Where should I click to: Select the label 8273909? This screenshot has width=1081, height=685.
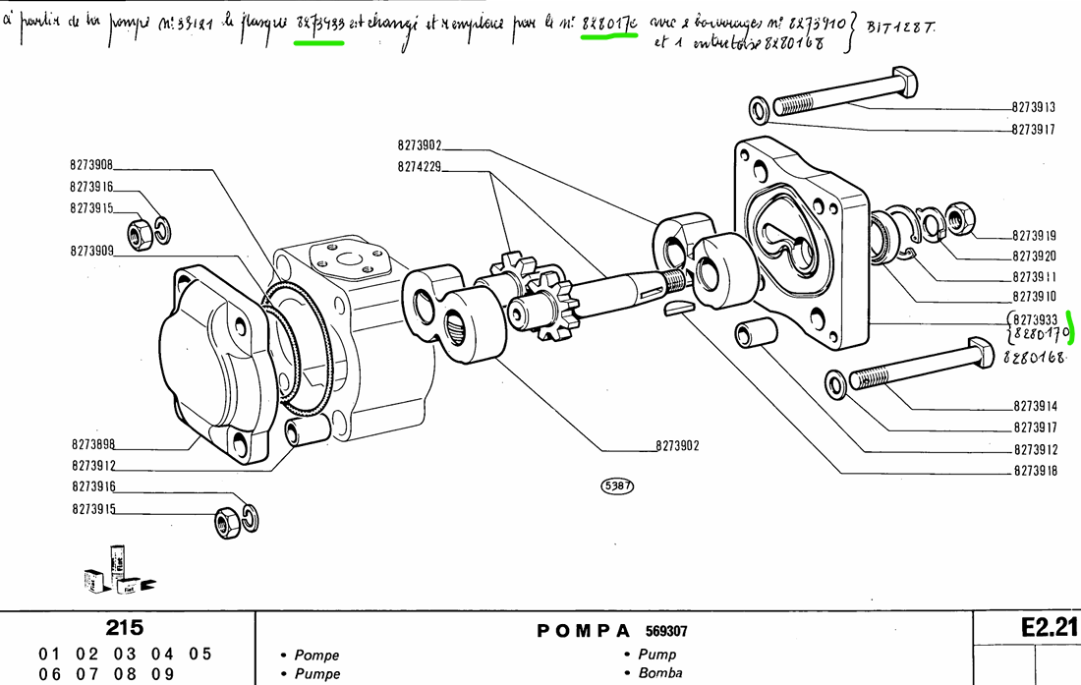coord(91,251)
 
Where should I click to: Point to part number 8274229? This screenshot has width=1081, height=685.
coord(420,167)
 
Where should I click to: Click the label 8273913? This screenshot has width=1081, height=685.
coord(1034,108)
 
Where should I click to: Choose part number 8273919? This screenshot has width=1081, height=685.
coord(1034,235)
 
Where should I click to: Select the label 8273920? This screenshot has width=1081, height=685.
coord(1034,256)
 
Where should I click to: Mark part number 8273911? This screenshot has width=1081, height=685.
coord(1034,276)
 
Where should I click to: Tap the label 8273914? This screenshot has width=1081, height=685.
coord(1034,406)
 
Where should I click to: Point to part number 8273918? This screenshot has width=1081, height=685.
coord(1034,471)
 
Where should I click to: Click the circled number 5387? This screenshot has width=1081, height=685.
coord(617,485)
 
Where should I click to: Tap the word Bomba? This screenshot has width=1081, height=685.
coord(660,673)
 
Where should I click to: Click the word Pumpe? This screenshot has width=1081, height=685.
coord(316,673)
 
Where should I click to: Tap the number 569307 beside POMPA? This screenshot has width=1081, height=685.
coord(667,631)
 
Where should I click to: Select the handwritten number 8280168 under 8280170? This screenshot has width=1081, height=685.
coord(1035,359)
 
